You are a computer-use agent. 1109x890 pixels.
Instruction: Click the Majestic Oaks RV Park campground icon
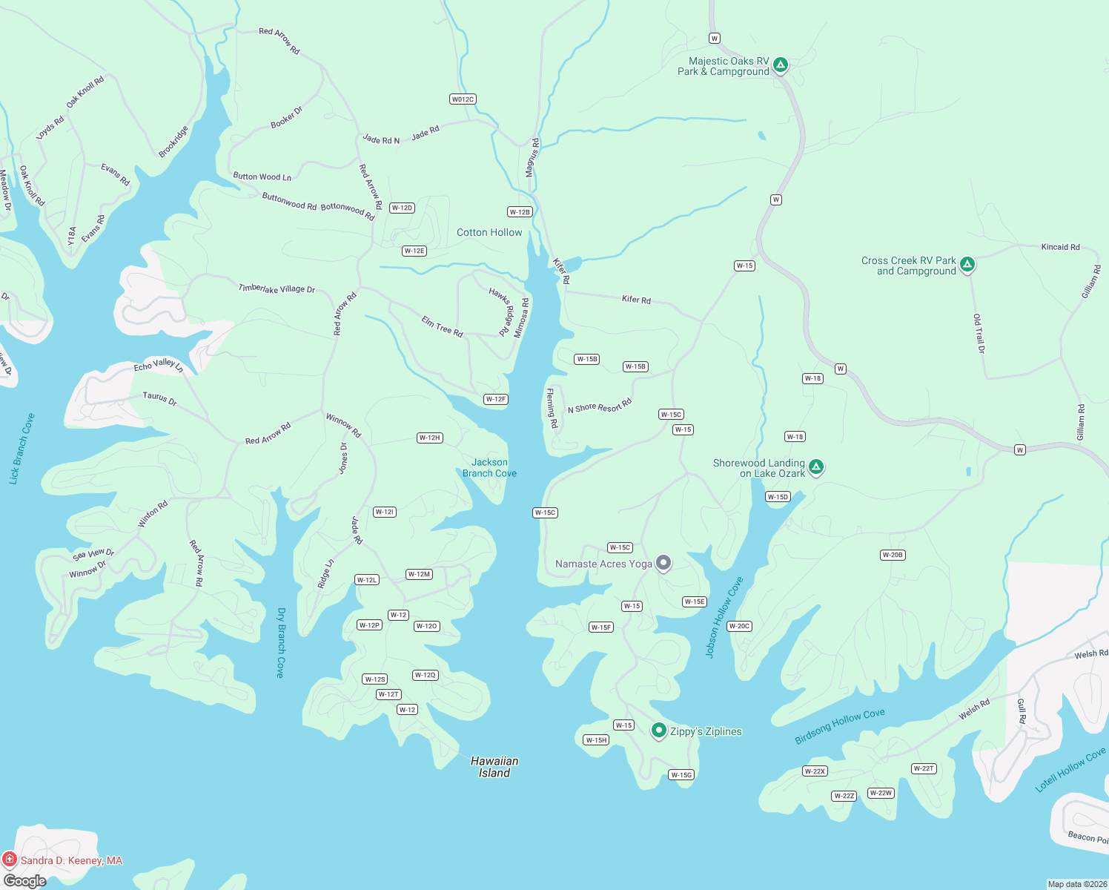pos(780,65)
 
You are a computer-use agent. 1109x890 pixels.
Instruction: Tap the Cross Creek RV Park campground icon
pos(967,264)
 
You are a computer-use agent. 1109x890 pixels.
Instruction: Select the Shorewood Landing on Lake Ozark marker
pos(815,467)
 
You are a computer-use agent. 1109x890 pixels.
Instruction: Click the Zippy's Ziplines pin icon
pos(658,731)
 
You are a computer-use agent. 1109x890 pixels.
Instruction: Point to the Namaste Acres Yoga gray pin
pos(663,564)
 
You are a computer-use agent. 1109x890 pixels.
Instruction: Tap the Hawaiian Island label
pos(494,767)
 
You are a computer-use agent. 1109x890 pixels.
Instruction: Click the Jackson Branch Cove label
pos(489,468)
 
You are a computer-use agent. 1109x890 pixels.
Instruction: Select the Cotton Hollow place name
pos(489,232)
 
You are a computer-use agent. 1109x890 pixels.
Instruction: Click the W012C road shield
pos(463,99)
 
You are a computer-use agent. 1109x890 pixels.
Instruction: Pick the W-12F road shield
pos(495,399)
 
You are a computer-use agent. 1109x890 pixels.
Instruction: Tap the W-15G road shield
pos(681,775)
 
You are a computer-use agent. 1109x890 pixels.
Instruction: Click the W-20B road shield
pos(893,555)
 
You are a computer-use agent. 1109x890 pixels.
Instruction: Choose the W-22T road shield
pos(924,768)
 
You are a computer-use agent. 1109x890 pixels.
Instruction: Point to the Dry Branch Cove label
pos(280,642)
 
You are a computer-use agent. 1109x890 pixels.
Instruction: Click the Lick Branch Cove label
pos(21,449)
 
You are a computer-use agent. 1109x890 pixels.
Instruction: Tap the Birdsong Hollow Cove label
pos(840,726)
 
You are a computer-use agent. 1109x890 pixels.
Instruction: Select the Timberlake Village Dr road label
pos(277,289)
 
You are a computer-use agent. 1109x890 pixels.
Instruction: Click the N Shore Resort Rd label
pos(599,406)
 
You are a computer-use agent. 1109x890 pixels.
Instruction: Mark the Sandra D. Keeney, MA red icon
pos(10,860)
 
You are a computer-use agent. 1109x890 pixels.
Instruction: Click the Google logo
pos(24,881)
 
